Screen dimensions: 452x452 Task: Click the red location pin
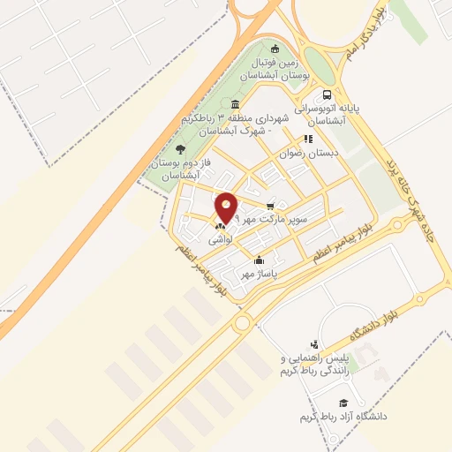pyautogui.click(x=227, y=207)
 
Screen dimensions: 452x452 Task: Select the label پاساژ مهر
pyautogui.click(x=260, y=275)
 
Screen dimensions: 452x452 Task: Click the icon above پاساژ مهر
pyautogui.click(x=259, y=260)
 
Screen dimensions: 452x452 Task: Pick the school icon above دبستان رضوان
pyautogui.click(x=308, y=139)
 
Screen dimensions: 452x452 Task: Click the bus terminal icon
pyautogui.click(x=328, y=94)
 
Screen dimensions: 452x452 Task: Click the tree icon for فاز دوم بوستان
pyautogui.click(x=180, y=149)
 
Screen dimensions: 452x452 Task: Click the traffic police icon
pyautogui.click(x=314, y=344)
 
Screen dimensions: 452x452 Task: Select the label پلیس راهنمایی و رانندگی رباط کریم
pyautogui.click(x=314, y=365)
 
